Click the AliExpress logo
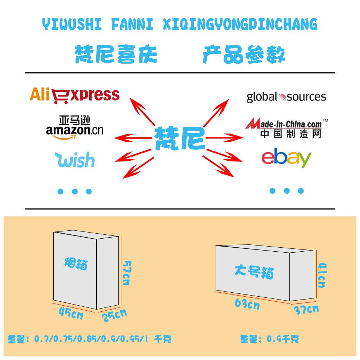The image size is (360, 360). click(x=74, y=95)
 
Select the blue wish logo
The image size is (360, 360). click(x=75, y=160)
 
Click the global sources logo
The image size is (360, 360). click(x=286, y=97)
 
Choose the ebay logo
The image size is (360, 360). click(x=286, y=158)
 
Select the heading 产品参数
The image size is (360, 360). click(x=244, y=55)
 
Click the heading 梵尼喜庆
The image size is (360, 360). click(x=116, y=55)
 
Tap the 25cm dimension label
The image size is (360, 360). click(x=114, y=315)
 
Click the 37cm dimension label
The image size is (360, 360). click(x=306, y=309)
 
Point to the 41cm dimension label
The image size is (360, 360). click(x=321, y=275)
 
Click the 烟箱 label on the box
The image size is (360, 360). click(x=76, y=265)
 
